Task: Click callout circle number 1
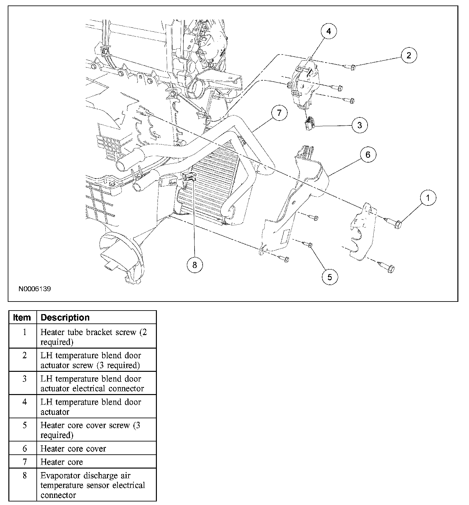point(428,198)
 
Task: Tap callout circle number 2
point(409,55)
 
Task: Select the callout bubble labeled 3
point(359,125)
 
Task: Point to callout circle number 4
point(328,31)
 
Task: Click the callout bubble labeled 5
point(330,277)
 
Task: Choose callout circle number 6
point(368,155)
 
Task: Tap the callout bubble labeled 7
point(279,113)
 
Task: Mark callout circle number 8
point(195,265)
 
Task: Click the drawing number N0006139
point(34,289)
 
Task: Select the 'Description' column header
point(65,317)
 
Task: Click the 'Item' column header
point(22,317)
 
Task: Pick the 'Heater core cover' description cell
point(73,449)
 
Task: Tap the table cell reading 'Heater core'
point(62,462)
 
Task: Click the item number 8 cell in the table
point(24,475)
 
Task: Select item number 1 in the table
point(24,332)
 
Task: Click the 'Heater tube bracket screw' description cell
point(93,337)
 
